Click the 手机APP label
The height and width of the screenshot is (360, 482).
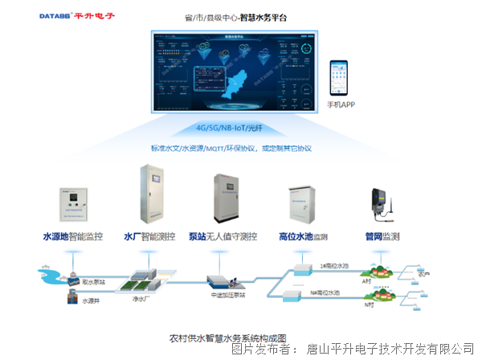pos(343,105)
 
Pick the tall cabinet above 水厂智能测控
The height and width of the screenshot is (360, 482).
pos(153,196)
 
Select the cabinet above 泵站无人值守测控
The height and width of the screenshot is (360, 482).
pos(227,200)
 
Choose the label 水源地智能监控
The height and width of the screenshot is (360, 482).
pos(73,237)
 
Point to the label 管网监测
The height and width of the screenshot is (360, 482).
pos(382,237)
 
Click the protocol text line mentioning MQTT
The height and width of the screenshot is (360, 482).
pos(231,148)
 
